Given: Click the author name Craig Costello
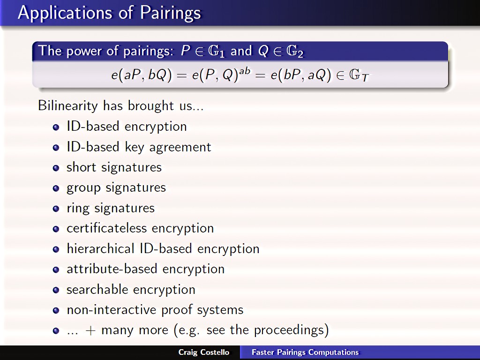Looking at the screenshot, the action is pos(204,352).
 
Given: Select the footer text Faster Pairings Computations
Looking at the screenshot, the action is pos(305,352).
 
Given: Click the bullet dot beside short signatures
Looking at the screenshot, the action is pos(56,168).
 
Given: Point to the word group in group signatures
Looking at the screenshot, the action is pos(83,188).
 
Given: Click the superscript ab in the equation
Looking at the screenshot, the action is pos(245,71).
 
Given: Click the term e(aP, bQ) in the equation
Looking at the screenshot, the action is pos(142,75).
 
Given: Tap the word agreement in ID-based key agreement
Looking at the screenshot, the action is pos(180,148).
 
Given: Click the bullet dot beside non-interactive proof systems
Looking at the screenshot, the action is pos(56,310).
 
